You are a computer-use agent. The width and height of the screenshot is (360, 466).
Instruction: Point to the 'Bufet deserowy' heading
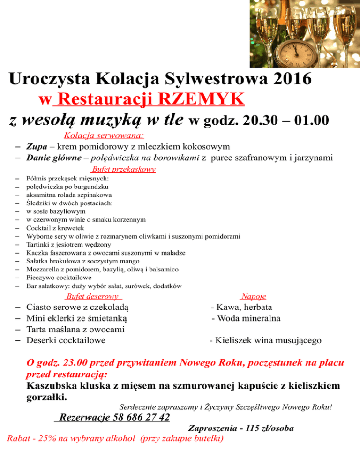(92, 296)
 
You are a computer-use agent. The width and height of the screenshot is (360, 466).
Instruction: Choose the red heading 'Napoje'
(253, 296)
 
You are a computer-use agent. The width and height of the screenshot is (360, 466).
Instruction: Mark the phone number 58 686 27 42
(141, 417)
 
